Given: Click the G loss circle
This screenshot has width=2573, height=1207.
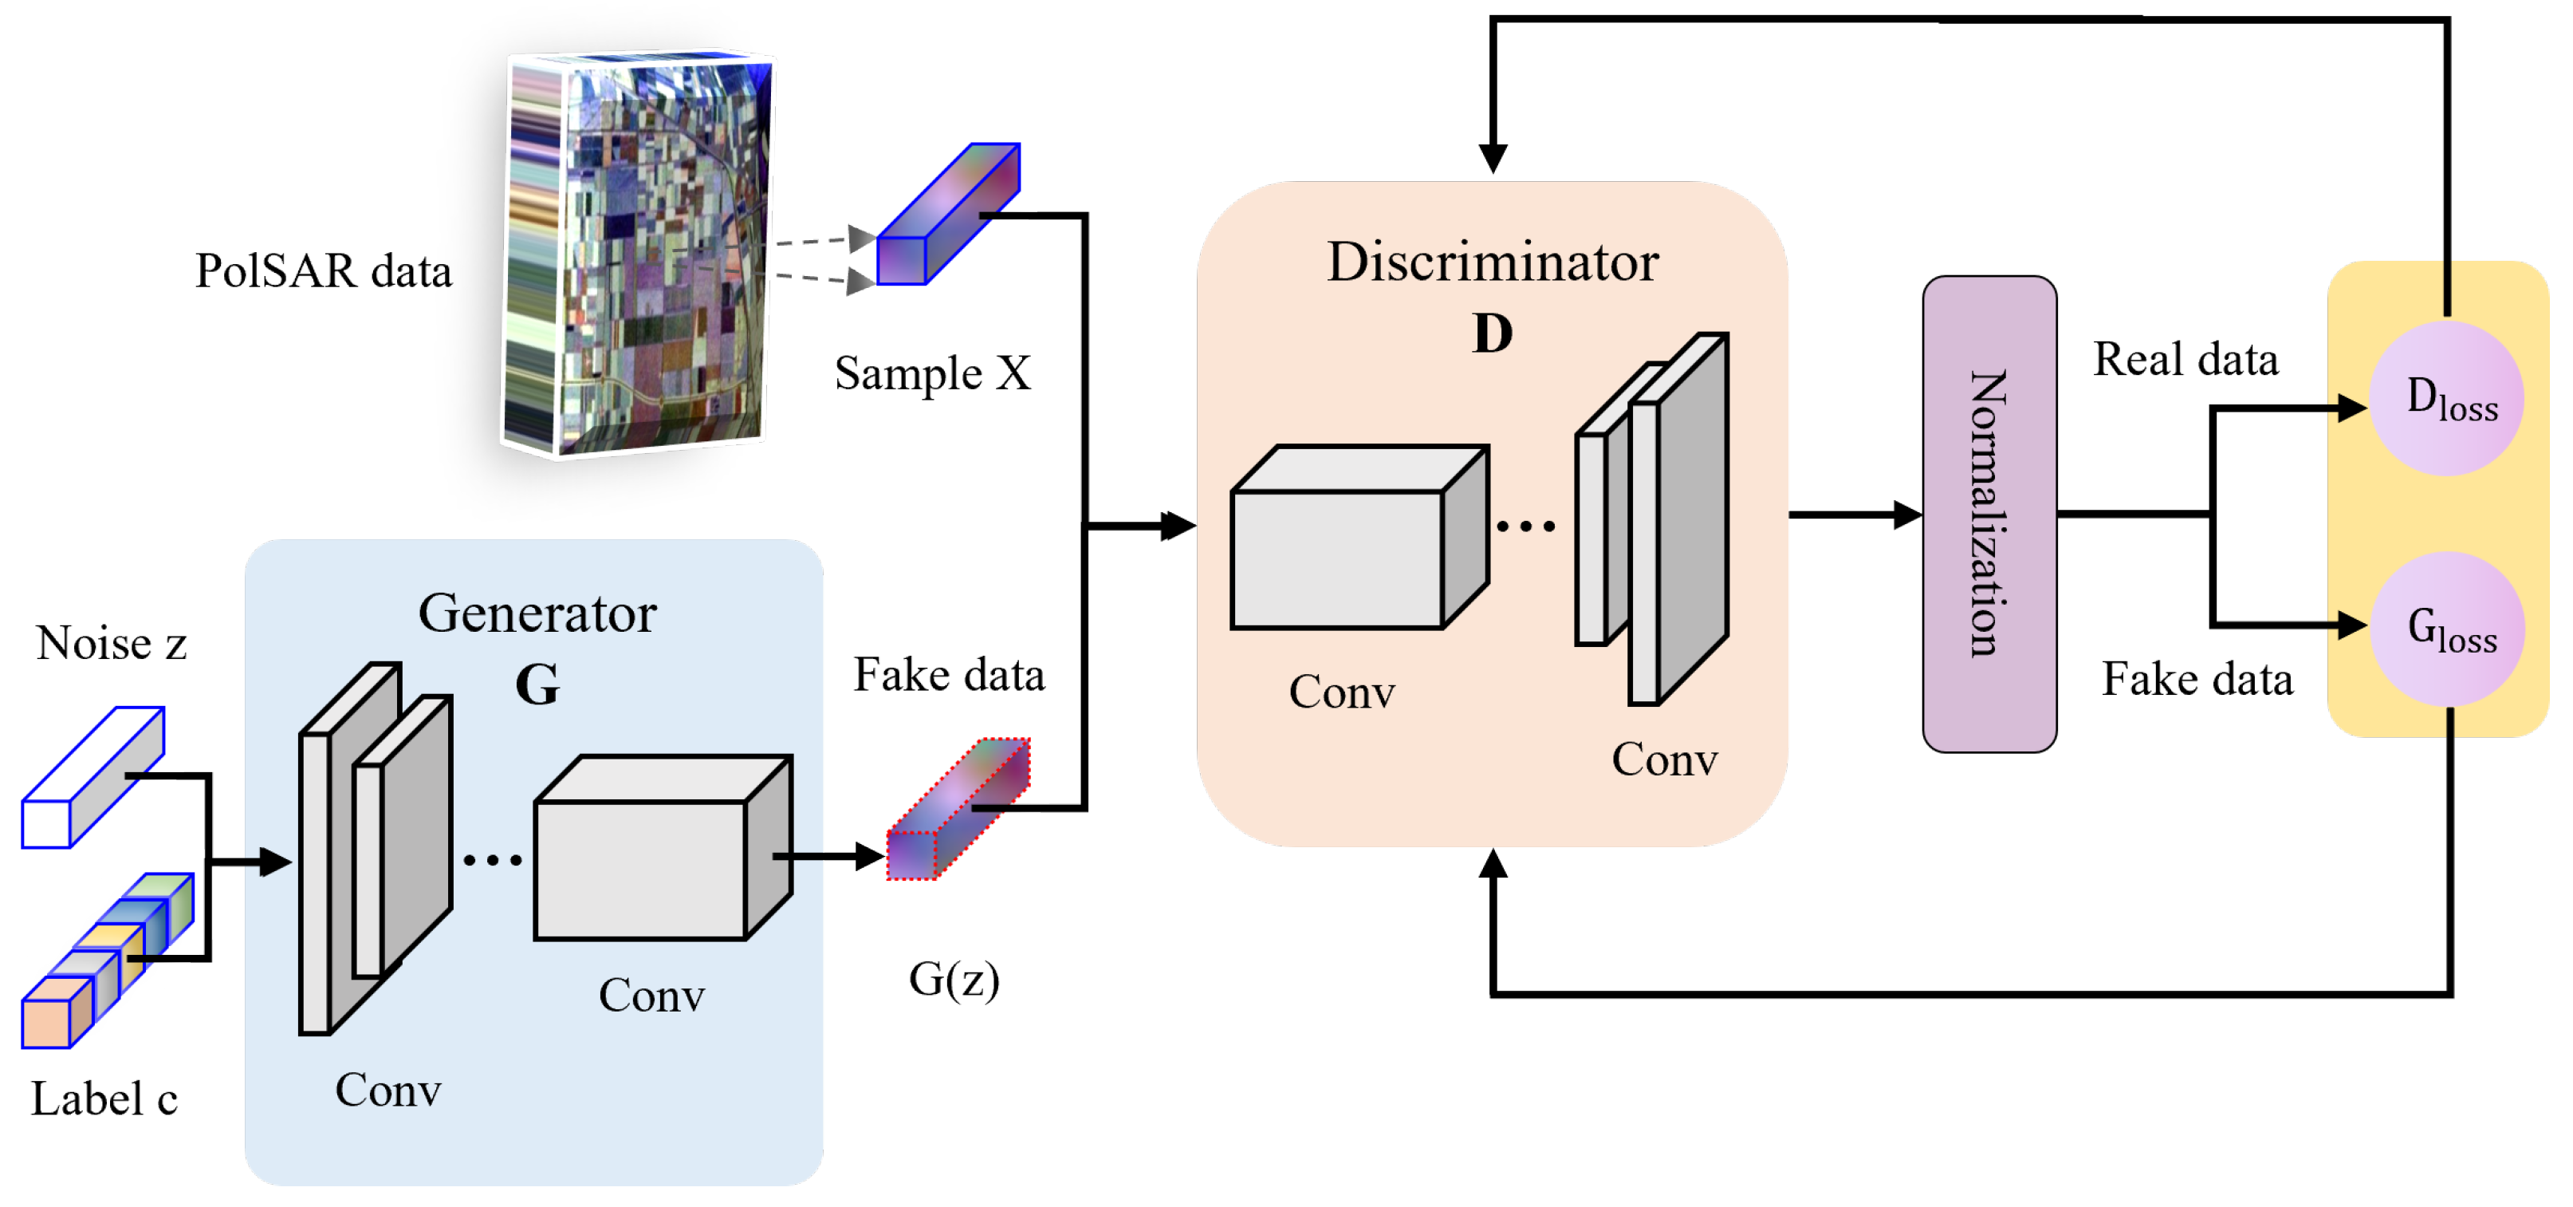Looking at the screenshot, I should coord(2446,629).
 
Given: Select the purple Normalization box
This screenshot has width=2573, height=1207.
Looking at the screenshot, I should coord(1988,514).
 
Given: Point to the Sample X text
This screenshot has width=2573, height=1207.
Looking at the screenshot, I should coord(932,373).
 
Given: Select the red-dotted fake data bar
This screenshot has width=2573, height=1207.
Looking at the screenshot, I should coord(956,810).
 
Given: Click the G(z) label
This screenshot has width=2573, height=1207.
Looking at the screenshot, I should coord(953,978).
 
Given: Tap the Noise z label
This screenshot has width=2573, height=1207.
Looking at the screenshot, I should coord(111,642).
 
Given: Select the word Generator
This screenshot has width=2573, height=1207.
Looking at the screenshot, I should coord(537,613).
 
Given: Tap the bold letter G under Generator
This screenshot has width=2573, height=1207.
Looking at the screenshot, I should coord(537,684).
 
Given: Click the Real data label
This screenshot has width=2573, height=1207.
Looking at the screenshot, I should coord(2185,359).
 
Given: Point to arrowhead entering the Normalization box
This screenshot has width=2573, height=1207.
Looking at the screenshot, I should coord(1906,515).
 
